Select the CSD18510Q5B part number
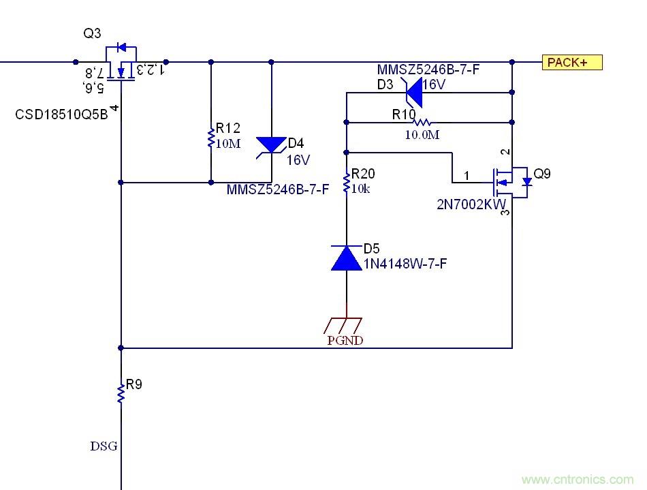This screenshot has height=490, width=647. pos(61,114)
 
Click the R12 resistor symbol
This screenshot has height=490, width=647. pos(210,138)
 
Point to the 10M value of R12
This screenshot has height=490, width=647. pos(227,143)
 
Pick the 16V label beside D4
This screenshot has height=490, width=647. pos(298,161)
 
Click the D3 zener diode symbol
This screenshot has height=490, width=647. pos(413,92)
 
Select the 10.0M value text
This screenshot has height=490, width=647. pos(422,135)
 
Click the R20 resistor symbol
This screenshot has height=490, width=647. pos(346,183)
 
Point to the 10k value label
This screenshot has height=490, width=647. pos(361,188)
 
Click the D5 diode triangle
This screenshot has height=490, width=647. pos(346,258)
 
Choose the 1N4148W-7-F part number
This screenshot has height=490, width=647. pos(405,264)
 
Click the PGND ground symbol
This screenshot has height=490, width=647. pos(346,326)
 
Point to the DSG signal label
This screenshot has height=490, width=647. pos(104,446)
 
